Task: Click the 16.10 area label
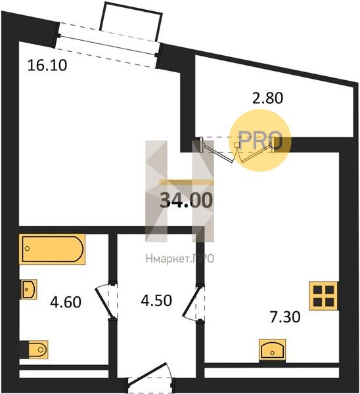47,65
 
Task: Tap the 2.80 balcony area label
267,98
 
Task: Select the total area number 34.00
187,200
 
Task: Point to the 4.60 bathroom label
66,302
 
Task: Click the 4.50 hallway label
156,300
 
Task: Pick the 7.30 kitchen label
285,317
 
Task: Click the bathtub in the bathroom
52,250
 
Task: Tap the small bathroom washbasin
29,289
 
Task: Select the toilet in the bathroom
37,349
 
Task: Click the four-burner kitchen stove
324,295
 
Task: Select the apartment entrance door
150,378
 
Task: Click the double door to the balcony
237,150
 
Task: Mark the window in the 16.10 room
107,45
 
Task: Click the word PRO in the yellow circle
260,141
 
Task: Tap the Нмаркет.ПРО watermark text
180,258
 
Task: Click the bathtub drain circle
28,248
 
